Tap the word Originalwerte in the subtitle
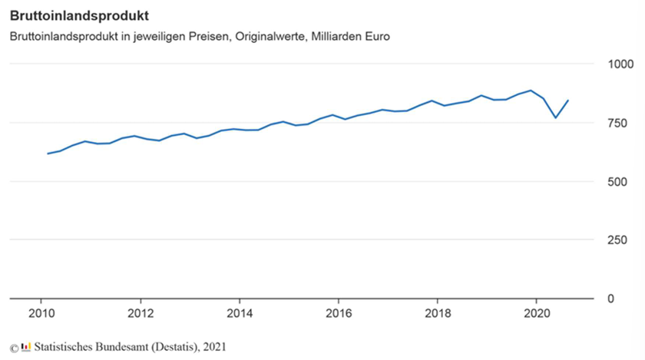click(270, 37)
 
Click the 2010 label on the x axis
click(41, 313)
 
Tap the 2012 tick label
click(141, 313)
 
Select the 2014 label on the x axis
click(240, 313)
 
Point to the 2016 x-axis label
click(338, 313)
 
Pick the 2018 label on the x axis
click(437, 313)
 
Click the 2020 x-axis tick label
click(535, 313)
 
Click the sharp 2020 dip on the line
click(556, 117)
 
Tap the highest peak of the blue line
click(531, 91)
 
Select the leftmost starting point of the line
click(48, 154)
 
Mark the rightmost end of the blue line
click(568, 101)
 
